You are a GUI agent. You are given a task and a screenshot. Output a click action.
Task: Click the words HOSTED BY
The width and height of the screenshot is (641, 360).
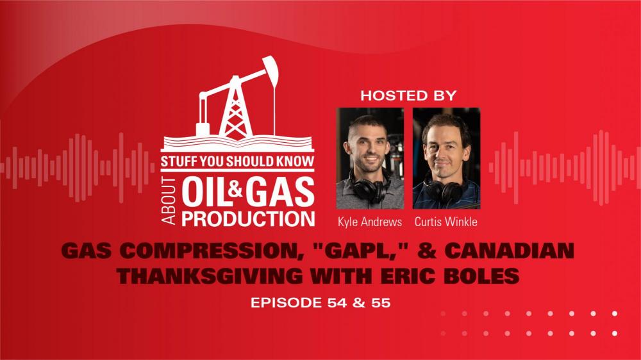pos(408,95)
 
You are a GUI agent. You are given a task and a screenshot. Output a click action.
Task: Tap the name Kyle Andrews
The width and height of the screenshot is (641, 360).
pos(370,222)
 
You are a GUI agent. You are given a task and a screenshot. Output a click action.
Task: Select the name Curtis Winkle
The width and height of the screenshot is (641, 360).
pos(446,222)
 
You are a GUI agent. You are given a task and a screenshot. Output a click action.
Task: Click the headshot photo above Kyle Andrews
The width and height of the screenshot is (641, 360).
pos(370,158)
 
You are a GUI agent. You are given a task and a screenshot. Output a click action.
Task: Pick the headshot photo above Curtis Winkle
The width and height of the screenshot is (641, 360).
pos(446,158)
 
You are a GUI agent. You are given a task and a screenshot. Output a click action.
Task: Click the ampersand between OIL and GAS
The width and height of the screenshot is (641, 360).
pos(235,189)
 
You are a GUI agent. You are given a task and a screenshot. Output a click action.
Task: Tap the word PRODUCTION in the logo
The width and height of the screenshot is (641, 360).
pos(248,218)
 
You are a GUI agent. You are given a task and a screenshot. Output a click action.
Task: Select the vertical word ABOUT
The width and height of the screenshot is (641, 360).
pos(169,201)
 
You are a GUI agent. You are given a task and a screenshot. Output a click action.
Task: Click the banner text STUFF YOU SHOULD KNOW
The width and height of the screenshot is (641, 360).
pos(238,161)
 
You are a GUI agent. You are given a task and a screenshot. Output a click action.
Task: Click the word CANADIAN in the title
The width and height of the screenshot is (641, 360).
pos(509,250)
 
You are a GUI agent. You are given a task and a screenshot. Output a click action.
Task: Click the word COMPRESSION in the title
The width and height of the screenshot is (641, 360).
pos(209,250)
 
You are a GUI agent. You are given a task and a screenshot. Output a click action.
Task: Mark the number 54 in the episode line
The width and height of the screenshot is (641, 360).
pos(337,303)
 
